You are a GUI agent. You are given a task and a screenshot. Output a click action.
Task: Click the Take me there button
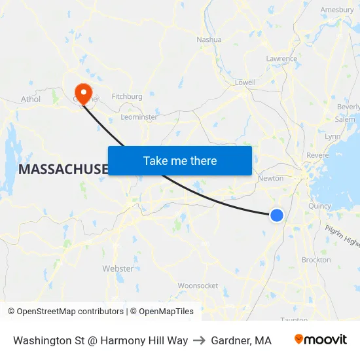(180, 160)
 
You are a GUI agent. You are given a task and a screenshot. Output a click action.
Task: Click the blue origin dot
(277, 215)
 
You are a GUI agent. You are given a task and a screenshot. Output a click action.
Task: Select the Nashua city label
(209, 39)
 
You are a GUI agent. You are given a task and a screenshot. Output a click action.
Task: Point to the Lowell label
(245, 82)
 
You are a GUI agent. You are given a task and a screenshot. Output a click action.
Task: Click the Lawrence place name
(281, 59)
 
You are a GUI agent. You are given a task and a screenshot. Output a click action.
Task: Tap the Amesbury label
(337, 10)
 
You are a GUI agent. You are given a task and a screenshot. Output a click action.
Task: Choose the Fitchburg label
(127, 96)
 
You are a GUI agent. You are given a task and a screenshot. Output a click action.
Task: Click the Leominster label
(139, 117)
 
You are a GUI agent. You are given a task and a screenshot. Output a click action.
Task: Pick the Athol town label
(31, 99)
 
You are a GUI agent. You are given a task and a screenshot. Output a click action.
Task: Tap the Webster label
(118, 268)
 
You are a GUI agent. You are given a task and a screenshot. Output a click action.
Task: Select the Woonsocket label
(198, 285)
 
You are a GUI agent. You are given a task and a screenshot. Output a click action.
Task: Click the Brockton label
(316, 260)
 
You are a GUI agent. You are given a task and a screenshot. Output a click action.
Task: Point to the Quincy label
(320, 206)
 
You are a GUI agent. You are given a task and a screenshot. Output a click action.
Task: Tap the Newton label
(271, 178)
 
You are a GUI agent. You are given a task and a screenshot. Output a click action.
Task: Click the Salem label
(345, 119)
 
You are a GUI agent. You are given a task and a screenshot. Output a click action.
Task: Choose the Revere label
(317, 155)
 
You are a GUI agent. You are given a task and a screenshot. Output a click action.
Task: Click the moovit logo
(321, 340)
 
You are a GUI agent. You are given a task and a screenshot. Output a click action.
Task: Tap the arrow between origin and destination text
(199, 340)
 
